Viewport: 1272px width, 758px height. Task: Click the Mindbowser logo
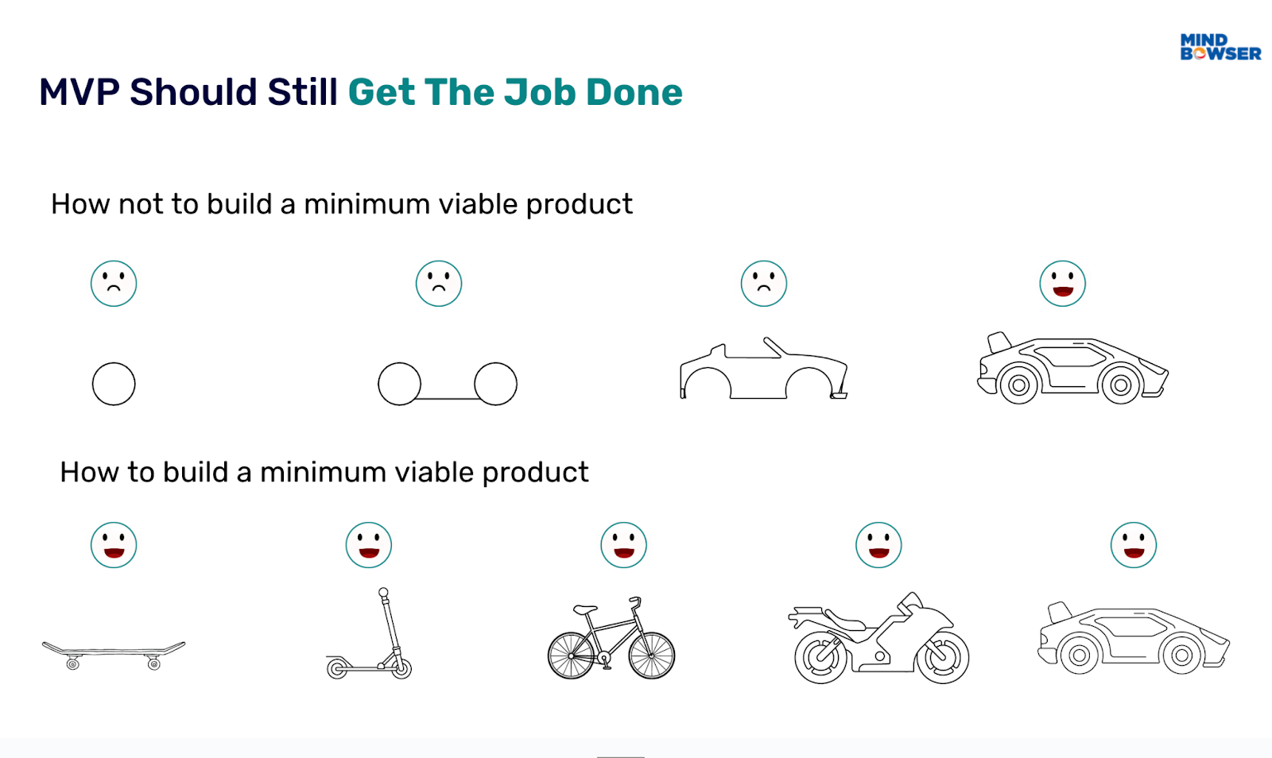click(x=1220, y=47)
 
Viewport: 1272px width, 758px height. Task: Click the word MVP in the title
click(x=79, y=92)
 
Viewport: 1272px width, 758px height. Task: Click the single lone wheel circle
click(x=114, y=384)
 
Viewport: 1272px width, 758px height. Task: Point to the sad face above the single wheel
click(x=114, y=284)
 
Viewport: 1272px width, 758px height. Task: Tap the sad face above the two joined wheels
click(x=439, y=284)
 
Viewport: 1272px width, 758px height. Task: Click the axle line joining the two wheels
click(x=448, y=397)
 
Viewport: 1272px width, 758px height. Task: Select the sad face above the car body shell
click(x=764, y=284)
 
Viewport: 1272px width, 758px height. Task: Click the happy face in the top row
click(x=1063, y=284)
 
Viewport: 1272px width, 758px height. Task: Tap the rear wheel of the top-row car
click(x=1019, y=385)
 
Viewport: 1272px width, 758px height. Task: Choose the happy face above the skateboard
click(x=114, y=545)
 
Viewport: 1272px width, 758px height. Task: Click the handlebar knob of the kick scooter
click(x=384, y=593)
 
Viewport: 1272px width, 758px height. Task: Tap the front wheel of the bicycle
click(x=652, y=655)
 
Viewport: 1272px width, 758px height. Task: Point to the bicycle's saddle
click(x=585, y=609)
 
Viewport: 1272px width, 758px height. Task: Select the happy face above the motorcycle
click(x=878, y=545)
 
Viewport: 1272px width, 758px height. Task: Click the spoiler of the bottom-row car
click(x=1060, y=611)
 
